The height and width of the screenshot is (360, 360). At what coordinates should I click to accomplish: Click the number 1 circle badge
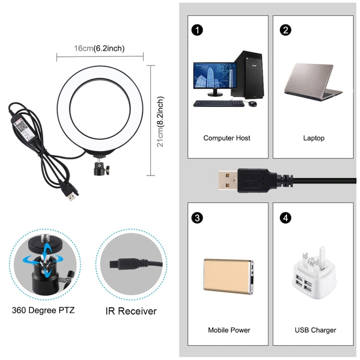tap(197, 30)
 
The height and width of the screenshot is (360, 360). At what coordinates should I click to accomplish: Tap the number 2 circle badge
tap(286, 30)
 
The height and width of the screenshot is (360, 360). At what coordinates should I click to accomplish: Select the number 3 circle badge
tap(197, 217)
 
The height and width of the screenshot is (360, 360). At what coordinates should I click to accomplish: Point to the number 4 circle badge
tap(286, 217)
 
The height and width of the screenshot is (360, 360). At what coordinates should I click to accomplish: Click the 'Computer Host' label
tap(227, 138)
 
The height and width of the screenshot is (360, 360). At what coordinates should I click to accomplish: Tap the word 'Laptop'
tap(313, 138)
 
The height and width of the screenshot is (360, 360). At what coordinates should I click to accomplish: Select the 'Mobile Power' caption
tap(229, 330)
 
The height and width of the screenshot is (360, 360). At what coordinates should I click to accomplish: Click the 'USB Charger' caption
tap(315, 330)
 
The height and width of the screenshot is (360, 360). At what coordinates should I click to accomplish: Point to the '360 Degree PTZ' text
tap(43, 310)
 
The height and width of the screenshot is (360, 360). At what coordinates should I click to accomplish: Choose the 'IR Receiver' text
tap(131, 311)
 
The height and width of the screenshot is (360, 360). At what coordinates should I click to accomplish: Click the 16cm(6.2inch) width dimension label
tap(99, 48)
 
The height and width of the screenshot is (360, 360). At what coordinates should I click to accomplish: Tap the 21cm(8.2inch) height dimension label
tap(160, 122)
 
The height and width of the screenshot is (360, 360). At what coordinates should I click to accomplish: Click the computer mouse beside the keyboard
tap(252, 104)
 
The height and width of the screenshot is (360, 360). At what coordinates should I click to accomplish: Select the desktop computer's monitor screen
tap(215, 75)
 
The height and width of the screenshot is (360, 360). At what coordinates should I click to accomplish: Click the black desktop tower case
tap(249, 74)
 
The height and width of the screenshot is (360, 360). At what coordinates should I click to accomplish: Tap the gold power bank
tap(228, 276)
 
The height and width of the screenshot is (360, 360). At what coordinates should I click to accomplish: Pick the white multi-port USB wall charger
tap(314, 274)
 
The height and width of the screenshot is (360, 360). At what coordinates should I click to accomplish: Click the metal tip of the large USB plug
tap(228, 180)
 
